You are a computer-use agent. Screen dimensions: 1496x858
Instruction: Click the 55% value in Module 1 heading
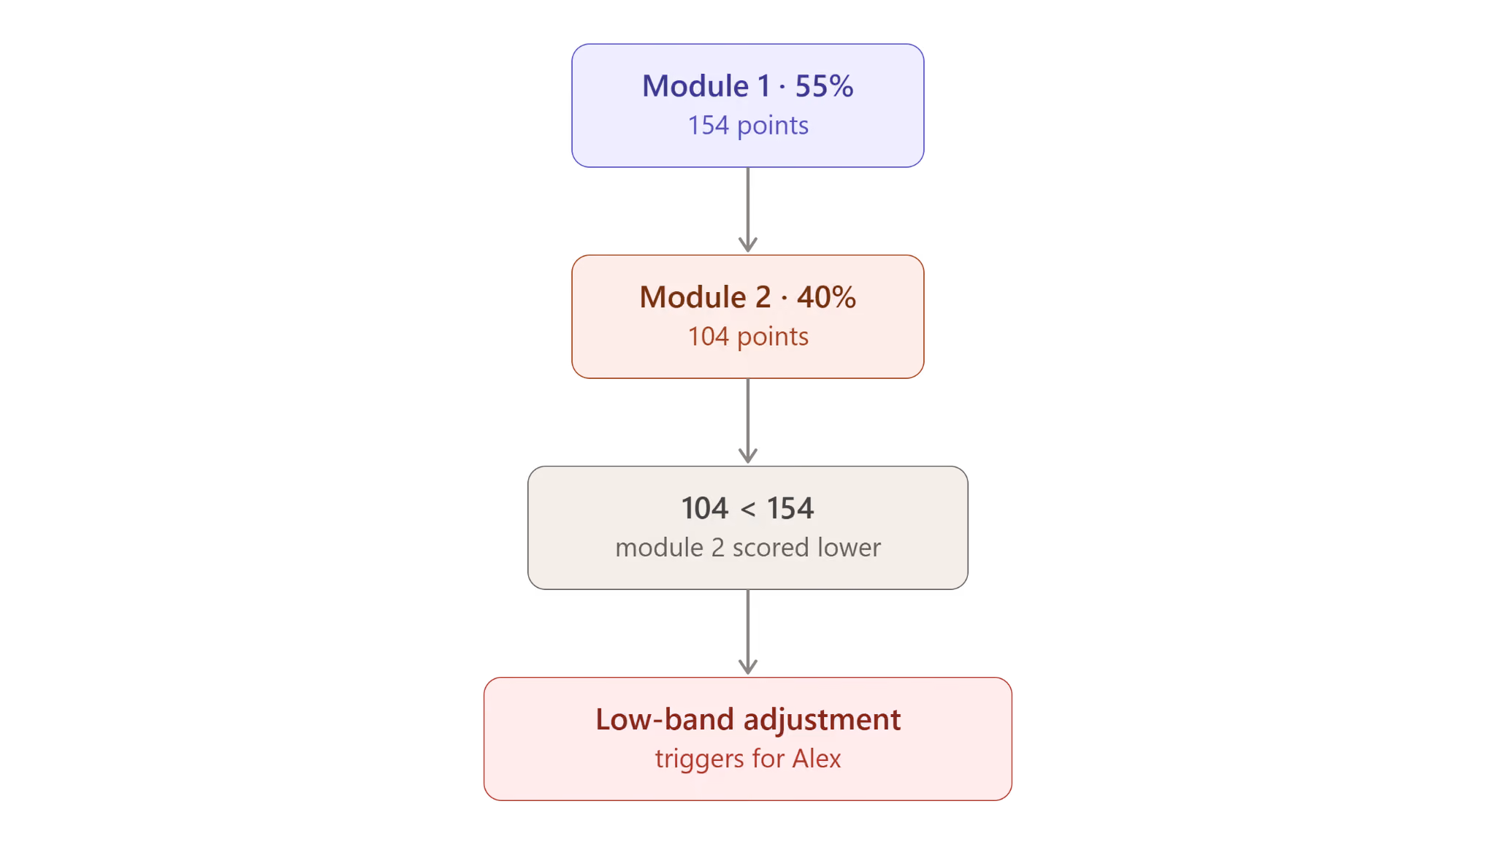click(x=824, y=86)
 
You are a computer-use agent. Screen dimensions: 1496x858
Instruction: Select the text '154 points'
click(x=748, y=126)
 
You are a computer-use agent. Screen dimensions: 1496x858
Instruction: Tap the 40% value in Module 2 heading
click(x=826, y=297)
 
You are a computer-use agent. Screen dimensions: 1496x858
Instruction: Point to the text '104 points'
click(x=748, y=337)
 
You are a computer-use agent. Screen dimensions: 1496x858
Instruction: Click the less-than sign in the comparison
click(x=748, y=509)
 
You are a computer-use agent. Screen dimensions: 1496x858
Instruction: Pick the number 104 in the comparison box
click(x=705, y=508)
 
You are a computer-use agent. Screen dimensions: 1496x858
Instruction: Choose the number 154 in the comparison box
click(x=790, y=508)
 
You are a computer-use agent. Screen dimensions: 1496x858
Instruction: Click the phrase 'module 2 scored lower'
click(x=748, y=548)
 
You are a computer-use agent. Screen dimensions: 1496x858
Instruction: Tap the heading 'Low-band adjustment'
click(x=748, y=720)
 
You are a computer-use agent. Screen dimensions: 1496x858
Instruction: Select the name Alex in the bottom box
click(x=817, y=759)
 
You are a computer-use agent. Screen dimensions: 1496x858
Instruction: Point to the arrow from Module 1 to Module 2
click(x=748, y=210)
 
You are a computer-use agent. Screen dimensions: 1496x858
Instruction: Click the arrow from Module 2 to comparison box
click(x=748, y=421)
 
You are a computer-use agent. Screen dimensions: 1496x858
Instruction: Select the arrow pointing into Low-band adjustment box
click(x=748, y=632)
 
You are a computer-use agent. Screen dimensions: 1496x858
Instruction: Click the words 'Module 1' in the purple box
click(x=706, y=86)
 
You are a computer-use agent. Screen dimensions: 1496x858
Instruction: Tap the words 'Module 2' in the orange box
click(x=705, y=297)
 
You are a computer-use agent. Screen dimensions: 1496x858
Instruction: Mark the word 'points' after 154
click(x=773, y=126)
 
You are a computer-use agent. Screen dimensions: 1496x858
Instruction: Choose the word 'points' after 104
click(x=773, y=337)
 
